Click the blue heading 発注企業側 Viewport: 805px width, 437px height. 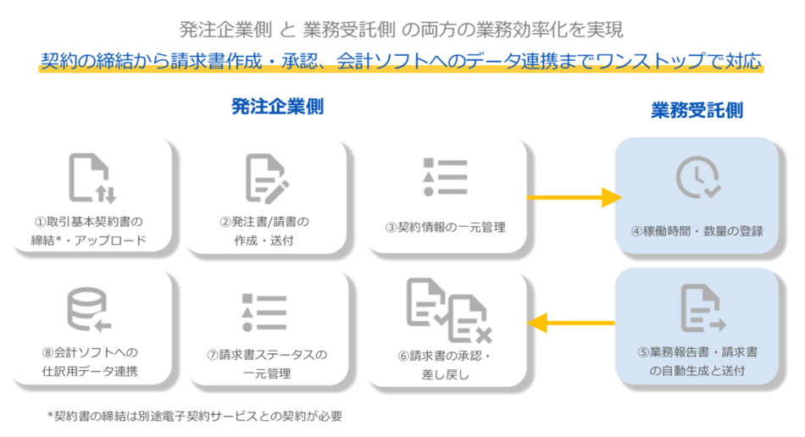tap(278, 106)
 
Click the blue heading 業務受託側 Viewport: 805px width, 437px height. tap(697, 110)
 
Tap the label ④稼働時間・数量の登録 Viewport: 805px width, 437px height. tap(697, 230)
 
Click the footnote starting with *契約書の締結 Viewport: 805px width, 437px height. tap(194, 416)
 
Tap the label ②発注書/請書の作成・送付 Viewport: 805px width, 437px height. tap(264, 230)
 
